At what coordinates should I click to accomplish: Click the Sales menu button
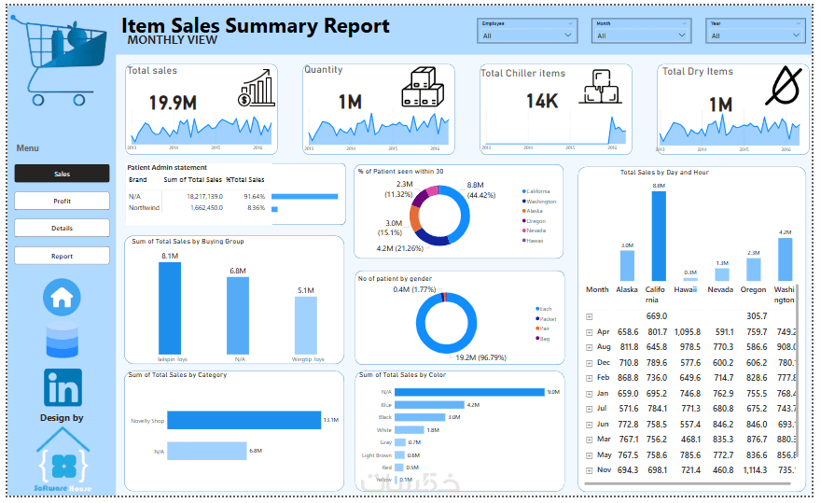point(62,174)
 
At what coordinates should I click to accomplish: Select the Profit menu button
point(62,201)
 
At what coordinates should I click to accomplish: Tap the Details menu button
point(62,228)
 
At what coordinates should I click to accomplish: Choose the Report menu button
point(62,255)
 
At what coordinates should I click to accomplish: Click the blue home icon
point(63,298)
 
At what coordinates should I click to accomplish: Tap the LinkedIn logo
point(63,387)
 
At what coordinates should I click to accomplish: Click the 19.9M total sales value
point(173,103)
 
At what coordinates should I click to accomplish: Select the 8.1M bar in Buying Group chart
point(170,307)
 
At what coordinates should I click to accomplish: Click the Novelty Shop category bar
point(244,420)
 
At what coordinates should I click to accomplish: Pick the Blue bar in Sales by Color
point(429,404)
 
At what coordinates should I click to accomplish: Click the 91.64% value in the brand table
point(254,196)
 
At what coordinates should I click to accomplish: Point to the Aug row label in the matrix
point(604,346)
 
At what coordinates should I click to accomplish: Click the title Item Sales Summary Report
point(256,26)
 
